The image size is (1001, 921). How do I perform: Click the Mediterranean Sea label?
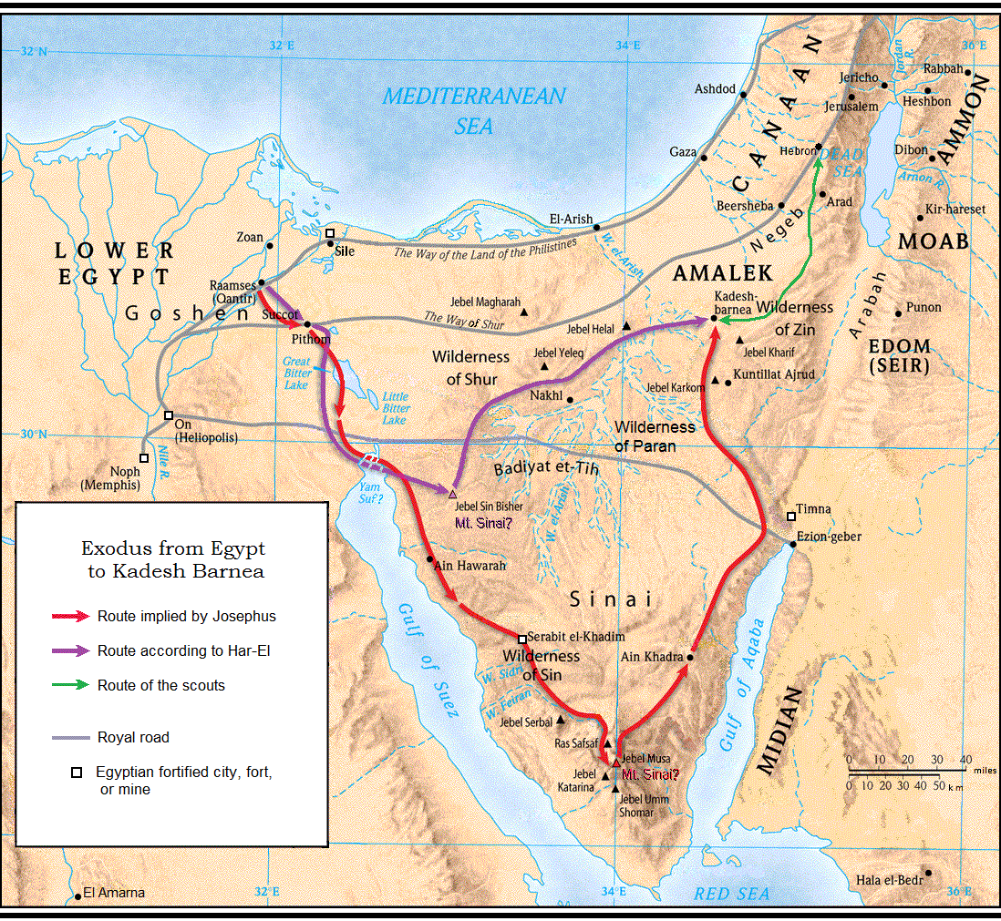(474, 109)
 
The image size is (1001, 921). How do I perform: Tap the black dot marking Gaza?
(704, 158)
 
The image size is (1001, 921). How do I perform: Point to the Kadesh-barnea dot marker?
(714, 319)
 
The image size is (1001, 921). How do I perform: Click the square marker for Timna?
(790, 517)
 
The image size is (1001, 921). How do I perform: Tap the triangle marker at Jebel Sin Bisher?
(452, 493)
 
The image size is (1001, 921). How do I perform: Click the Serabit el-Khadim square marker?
(522, 640)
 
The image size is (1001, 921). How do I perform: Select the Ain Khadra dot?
(690, 657)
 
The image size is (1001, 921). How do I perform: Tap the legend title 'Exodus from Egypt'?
(173, 549)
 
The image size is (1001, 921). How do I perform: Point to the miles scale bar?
(907, 771)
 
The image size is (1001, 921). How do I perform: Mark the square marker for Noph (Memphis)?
(144, 458)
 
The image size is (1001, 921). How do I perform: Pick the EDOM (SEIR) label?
(900, 356)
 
